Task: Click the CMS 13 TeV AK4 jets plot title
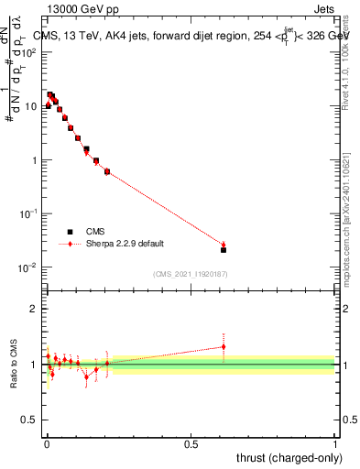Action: coord(193,36)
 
